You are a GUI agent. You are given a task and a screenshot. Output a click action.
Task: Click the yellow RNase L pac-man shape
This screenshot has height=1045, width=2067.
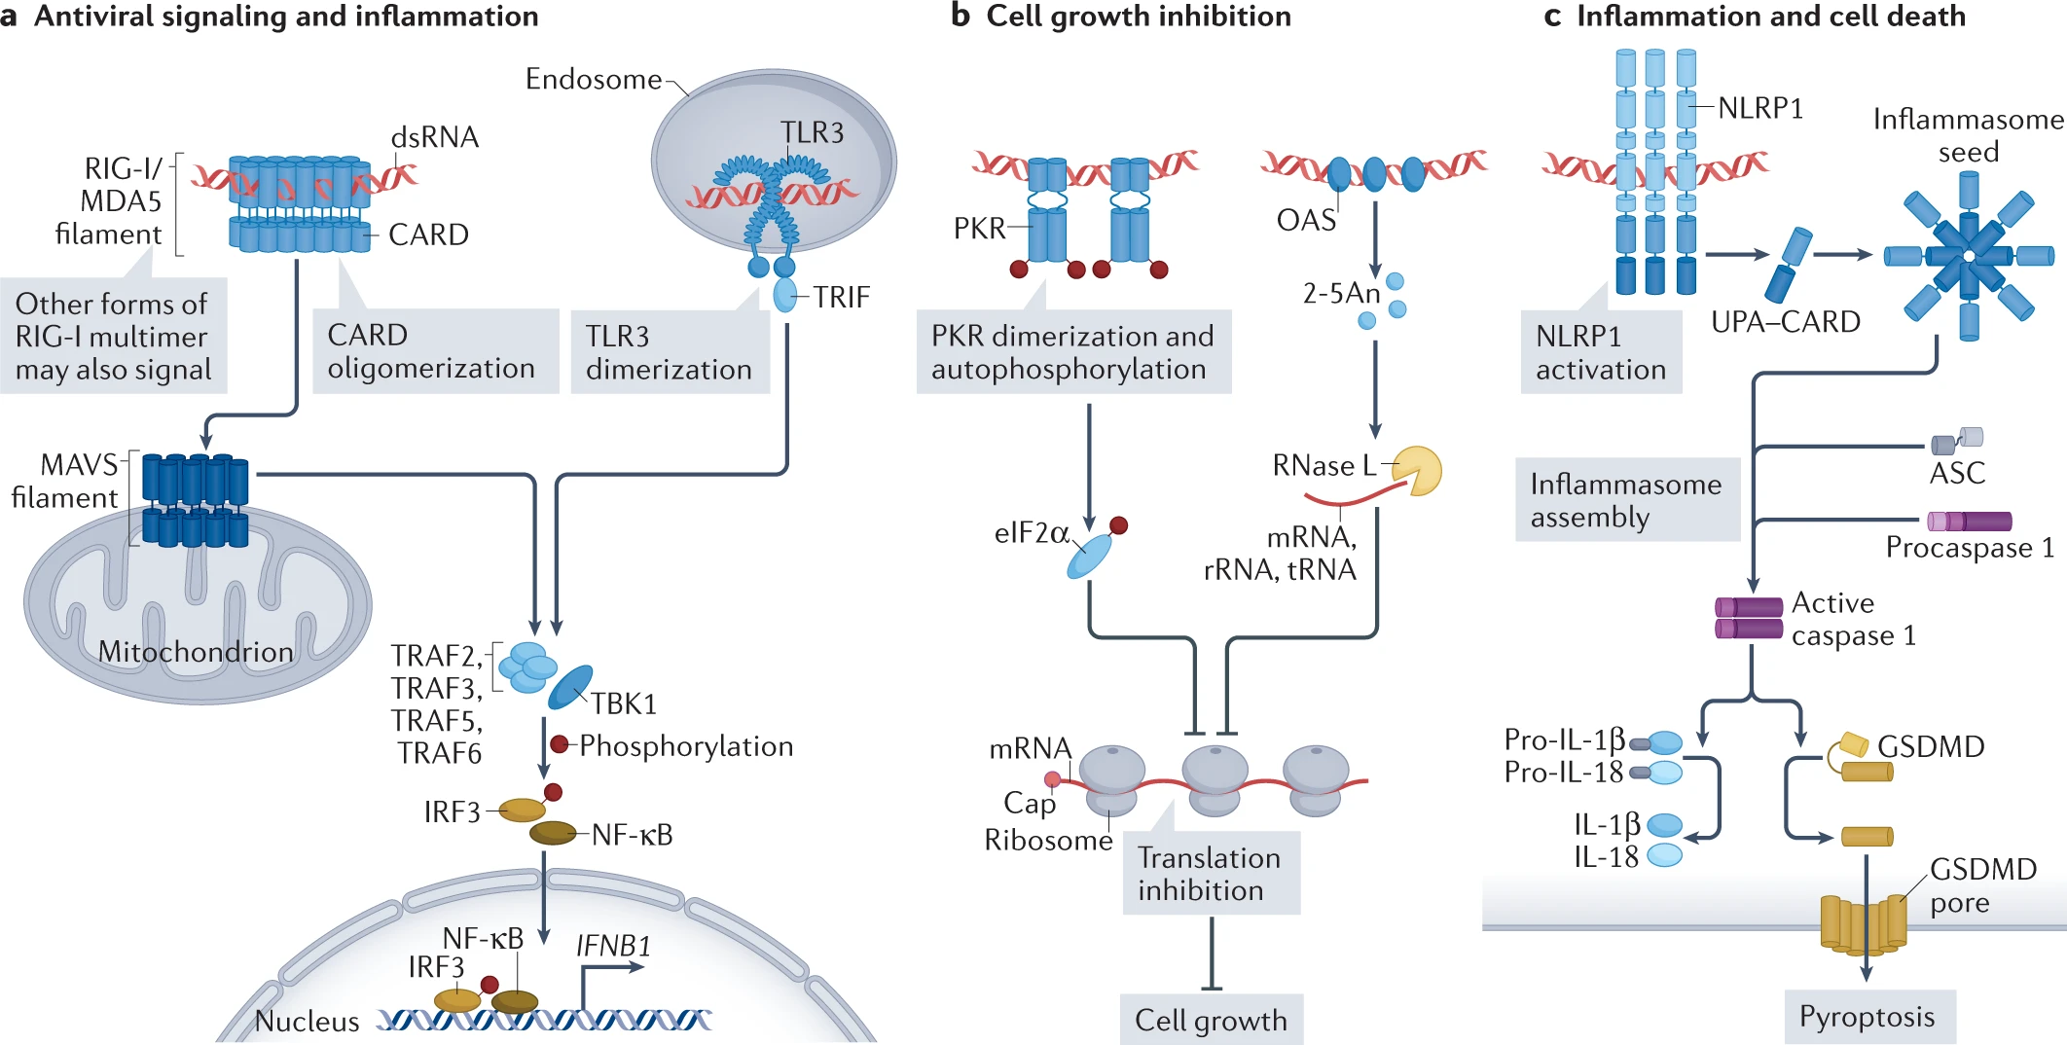(x=1417, y=471)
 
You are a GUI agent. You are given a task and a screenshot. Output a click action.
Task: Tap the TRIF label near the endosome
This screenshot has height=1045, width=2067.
(x=842, y=297)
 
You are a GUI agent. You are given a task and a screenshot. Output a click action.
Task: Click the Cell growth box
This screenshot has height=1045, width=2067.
(x=1212, y=1020)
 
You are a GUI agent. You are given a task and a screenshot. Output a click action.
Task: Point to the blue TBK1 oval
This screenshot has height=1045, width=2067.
(x=570, y=687)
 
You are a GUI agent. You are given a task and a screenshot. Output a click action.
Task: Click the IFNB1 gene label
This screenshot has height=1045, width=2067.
(x=613, y=946)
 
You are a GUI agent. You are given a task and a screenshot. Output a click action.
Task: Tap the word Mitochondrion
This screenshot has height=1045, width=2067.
(x=196, y=651)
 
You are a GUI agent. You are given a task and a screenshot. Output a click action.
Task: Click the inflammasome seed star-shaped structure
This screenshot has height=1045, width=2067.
(x=1969, y=257)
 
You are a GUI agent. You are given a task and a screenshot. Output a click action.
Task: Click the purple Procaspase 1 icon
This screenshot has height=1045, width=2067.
(x=1969, y=522)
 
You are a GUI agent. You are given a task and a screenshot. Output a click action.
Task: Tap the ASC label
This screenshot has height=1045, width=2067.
(x=1957, y=474)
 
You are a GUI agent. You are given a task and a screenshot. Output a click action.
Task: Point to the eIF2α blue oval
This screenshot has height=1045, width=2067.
(x=1089, y=556)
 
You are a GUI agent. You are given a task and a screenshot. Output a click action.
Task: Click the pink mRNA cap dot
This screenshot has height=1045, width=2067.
(x=1052, y=779)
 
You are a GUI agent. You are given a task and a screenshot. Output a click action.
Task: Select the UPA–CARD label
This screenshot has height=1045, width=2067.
(x=1786, y=321)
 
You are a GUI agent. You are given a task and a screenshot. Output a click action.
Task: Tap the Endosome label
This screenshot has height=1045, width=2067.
(x=594, y=79)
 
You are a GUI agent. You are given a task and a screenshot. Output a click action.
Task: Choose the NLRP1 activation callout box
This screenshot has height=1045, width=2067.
(x=1601, y=351)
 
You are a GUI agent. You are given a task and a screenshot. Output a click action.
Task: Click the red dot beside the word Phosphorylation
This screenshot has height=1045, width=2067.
(x=559, y=744)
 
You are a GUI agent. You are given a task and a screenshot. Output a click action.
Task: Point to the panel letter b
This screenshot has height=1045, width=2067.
(x=961, y=16)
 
